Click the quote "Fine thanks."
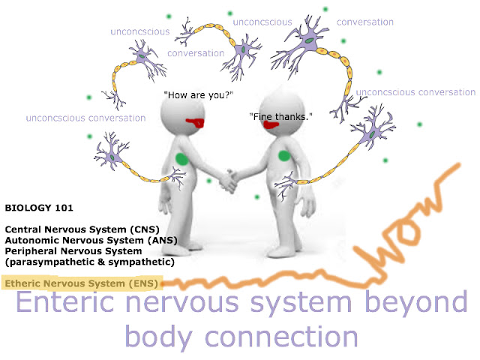280,117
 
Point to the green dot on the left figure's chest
181,159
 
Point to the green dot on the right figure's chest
283,155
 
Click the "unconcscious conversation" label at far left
85,118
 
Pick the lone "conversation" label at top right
365,22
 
